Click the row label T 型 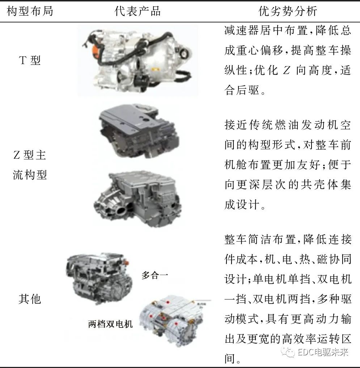pos(30,60)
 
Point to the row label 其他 pos(30,299)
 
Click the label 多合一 pos(155,275)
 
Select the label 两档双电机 pos(110,324)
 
